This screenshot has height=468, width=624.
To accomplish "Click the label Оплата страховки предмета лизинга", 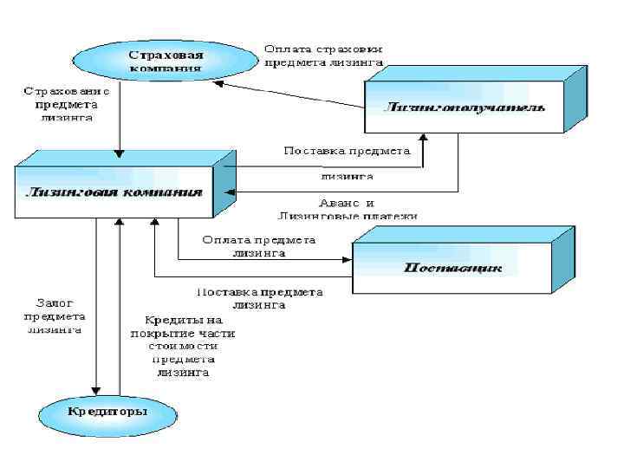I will [x=323, y=55].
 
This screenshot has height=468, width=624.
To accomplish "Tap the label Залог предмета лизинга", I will [x=55, y=315].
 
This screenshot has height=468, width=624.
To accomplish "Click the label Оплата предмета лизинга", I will [x=258, y=246].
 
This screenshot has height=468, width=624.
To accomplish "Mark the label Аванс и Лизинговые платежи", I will [x=348, y=209].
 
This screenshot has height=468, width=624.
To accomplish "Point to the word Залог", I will [x=54, y=302].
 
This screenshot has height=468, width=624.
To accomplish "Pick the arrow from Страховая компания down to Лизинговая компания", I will [x=120, y=121].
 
